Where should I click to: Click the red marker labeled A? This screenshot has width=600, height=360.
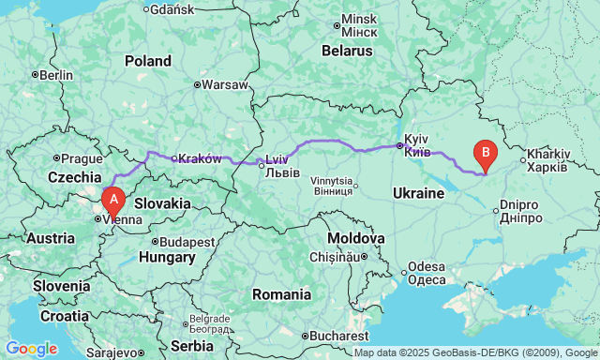point(112,199)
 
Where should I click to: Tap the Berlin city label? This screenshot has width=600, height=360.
point(56,75)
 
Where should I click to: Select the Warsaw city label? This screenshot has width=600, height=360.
point(224,83)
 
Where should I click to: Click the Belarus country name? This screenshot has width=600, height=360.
point(349,51)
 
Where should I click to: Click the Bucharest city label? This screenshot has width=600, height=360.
point(340,335)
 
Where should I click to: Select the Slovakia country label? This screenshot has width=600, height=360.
point(163,202)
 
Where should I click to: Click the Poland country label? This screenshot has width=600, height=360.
point(148,60)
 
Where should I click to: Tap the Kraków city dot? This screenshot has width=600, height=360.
point(173,158)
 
